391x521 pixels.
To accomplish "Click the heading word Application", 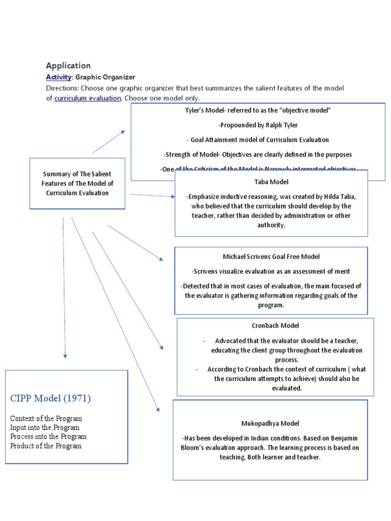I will tap(68, 66).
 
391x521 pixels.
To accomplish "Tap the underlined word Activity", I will tap(58, 77).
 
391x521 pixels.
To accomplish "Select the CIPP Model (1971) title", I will tap(50, 398).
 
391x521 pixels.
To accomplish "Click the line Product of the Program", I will tap(46, 446).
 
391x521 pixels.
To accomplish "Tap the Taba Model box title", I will tap(271, 181).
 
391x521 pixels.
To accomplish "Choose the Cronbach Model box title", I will tap(275, 325).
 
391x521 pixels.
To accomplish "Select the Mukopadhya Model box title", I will tap(270, 423).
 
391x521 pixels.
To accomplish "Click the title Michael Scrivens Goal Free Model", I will tap(271, 256).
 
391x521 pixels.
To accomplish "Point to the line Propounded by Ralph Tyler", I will tap(258, 125).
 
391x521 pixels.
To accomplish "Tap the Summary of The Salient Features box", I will tap(77, 184).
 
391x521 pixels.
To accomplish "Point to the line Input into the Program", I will tap(45, 427).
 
